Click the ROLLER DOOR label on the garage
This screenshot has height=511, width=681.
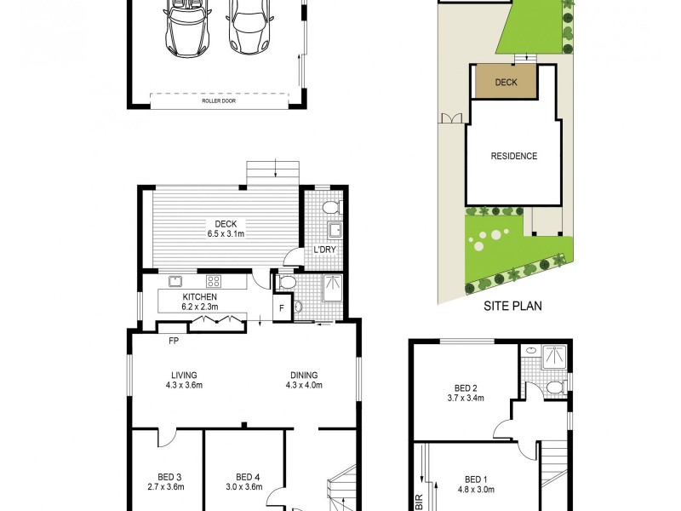[219, 100]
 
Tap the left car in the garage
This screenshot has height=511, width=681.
[186, 27]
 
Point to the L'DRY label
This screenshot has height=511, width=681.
[323, 249]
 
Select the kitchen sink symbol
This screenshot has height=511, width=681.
[176, 280]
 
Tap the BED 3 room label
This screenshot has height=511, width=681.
[168, 481]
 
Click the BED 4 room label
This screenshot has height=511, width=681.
[247, 481]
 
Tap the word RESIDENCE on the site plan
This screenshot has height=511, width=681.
[514, 156]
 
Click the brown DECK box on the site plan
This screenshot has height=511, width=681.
[506, 83]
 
